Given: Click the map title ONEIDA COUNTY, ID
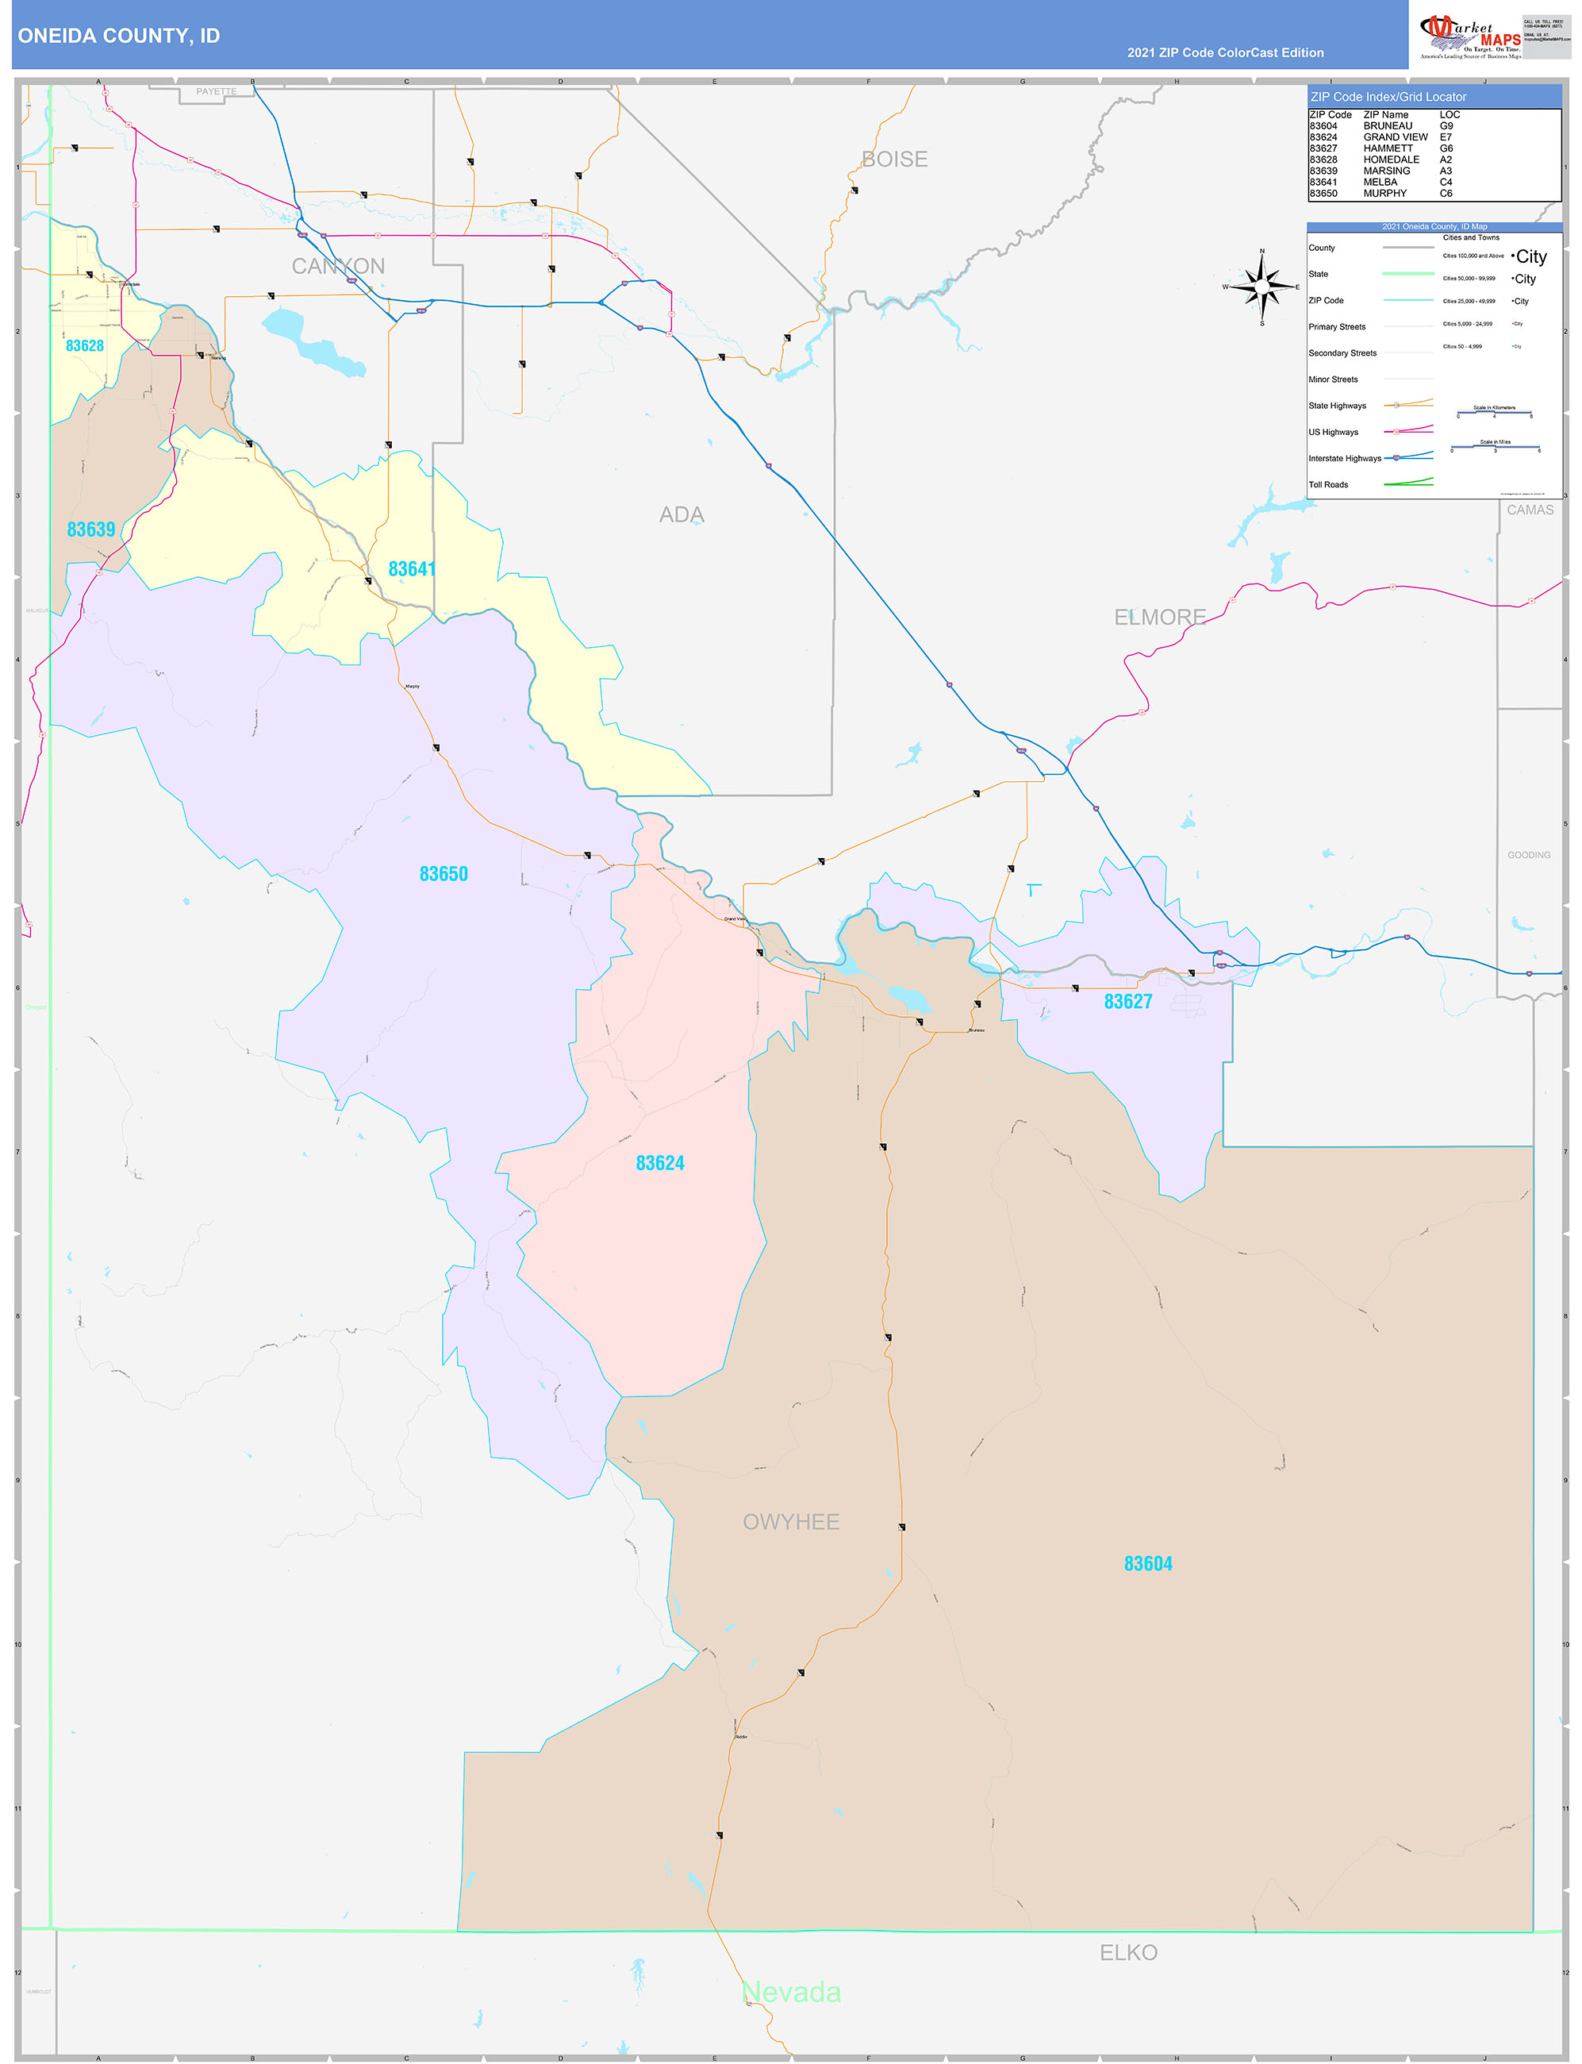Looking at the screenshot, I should (x=119, y=36).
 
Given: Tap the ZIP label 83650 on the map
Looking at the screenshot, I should (x=443, y=874).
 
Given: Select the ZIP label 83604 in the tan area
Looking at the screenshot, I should (x=1148, y=1564).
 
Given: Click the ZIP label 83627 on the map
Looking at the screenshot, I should (x=1127, y=1001).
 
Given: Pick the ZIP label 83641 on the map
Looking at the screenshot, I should (x=412, y=569).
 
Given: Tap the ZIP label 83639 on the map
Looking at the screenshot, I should (x=91, y=529).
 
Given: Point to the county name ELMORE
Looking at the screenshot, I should (x=1159, y=617).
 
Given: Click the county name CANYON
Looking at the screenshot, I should (x=338, y=267).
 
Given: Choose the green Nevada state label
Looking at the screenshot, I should (x=791, y=1993).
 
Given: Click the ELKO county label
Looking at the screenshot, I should (x=1128, y=1953).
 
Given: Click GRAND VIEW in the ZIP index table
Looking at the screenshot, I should (x=1395, y=137).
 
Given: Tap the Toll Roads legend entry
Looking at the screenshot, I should (x=1328, y=485).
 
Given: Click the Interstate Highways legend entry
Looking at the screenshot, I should (x=1344, y=459).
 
